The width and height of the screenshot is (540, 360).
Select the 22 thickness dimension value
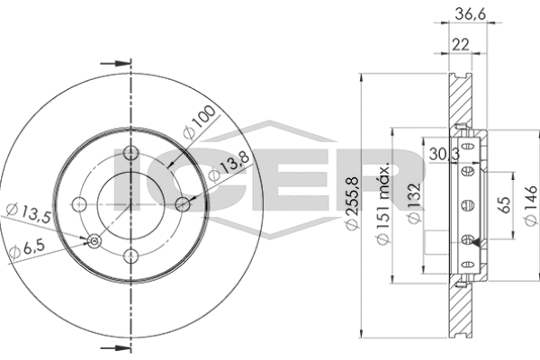[x=461, y=44]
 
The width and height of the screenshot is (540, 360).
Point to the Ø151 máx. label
[x=382, y=202]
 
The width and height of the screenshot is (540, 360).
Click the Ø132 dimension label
[x=413, y=202]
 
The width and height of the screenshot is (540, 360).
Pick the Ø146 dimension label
[x=531, y=206]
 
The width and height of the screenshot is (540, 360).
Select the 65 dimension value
[x=504, y=205]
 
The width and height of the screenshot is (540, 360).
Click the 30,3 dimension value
[x=445, y=154]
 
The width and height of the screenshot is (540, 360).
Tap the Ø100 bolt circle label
[x=200, y=122]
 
